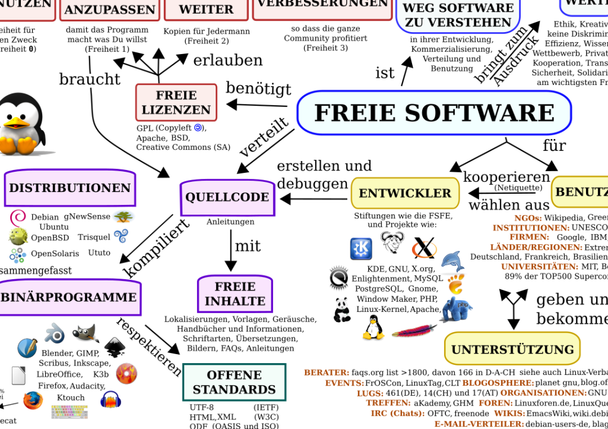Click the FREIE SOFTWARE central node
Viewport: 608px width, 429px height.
(433, 113)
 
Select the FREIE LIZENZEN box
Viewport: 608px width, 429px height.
(176, 102)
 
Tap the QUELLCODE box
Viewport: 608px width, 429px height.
(227, 197)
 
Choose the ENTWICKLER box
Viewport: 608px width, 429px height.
(405, 193)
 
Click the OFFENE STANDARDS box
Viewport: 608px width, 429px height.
(234, 383)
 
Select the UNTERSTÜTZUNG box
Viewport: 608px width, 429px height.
(512, 349)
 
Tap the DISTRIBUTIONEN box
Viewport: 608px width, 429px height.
(69, 188)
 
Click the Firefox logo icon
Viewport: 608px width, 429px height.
(33, 400)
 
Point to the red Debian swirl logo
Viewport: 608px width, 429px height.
(18, 217)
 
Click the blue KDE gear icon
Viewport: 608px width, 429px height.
(360, 248)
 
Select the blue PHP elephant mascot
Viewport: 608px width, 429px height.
(456, 309)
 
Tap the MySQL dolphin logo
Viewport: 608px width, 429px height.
(452, 260)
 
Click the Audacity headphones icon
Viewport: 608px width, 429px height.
(110, 400)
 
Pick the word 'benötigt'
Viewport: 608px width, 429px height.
(258, 89)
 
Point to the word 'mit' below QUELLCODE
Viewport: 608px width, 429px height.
(248, 246)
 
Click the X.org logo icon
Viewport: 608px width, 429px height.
(424, 248)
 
